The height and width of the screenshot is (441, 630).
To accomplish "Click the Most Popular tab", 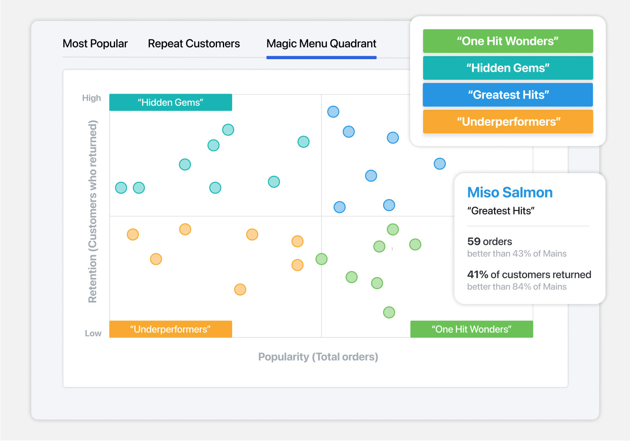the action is tap(95, 44).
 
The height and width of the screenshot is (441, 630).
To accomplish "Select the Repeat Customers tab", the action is tap(194, 44).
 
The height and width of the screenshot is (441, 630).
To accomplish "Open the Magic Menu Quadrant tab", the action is tap(321, 44).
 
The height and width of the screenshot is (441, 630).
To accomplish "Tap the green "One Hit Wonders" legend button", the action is tap(508, 41).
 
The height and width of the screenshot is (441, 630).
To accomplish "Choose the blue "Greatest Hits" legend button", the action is tap(508, 95).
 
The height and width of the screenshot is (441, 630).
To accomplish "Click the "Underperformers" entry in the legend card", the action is tap(508, 122).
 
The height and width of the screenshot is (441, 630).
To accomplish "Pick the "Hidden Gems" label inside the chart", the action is tap(170, 102).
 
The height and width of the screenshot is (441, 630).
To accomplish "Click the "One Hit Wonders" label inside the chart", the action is tap(472, 329).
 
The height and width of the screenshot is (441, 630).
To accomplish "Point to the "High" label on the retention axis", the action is tap(91, 98).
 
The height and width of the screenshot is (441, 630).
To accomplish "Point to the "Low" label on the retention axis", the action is tap(93, 333).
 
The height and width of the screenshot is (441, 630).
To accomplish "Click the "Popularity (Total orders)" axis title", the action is tap(318, 357).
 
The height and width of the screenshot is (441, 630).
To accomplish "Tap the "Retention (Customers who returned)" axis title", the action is tap(92, 211).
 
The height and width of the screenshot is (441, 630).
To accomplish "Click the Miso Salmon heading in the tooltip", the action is tap(510, 192).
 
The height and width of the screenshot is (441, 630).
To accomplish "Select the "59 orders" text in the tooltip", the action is tap(489, 241).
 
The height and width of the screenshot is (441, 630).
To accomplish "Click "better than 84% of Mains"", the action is tap(517, 287).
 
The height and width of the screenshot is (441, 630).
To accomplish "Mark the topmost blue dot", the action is tap(333, 112).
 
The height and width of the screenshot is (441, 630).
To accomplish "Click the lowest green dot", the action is tap(389, 312).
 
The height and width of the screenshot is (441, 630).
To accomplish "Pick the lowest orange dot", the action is tap(240, 290).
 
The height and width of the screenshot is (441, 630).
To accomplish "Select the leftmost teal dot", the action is tap(121, 188).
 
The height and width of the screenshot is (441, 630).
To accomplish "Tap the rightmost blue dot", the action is tap(439, 164).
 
